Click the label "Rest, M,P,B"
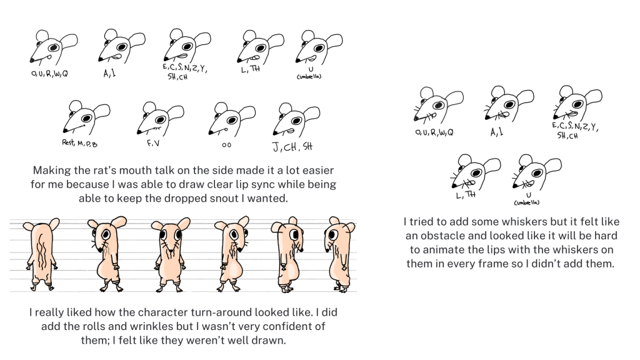(x=79, y=143)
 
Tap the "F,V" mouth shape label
(x=154, y=144)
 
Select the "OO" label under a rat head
(x=226, y=145)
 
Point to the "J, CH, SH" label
(x=292, y=147)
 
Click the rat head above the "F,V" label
(x=160, y=119)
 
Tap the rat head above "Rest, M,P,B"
(x=86, y=117)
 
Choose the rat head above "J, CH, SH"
(x=296, y=120)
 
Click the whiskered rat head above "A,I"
(x=509, y=104)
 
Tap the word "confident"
(x=287, y=326)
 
